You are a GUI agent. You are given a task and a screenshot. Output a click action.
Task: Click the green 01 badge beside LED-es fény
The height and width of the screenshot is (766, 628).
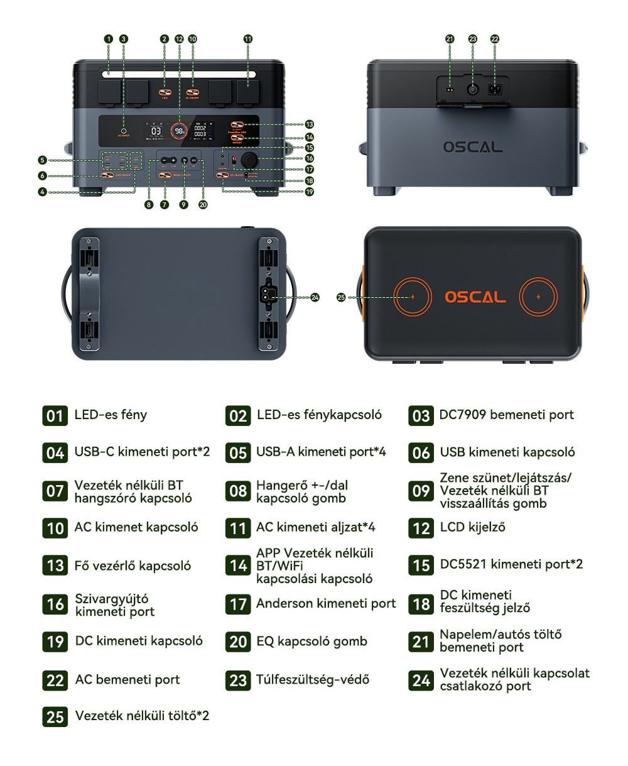(55, 415)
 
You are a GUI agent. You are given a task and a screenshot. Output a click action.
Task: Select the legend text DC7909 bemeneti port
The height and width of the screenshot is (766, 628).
(506, 415)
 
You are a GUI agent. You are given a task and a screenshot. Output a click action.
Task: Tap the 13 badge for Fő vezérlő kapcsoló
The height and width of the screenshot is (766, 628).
(55, 566)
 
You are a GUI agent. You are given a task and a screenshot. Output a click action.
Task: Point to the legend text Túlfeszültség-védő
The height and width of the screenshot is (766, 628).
(313, 679)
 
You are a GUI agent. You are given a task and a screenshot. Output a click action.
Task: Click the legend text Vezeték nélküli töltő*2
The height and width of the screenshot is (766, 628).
(142, 716)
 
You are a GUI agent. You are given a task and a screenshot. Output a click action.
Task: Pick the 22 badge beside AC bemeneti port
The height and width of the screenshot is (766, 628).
(55, 680)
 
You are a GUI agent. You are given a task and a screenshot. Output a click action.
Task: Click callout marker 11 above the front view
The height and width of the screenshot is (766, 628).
(248, 39)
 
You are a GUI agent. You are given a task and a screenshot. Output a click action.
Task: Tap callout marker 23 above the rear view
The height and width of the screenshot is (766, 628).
(473, 39)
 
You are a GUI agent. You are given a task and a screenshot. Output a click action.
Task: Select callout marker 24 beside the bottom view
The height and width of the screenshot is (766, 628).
(315, 297)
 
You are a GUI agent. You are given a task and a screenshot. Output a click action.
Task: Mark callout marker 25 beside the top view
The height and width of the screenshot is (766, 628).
(341, 297)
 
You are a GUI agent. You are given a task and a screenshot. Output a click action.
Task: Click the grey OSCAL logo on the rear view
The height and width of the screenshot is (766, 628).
(473, 147)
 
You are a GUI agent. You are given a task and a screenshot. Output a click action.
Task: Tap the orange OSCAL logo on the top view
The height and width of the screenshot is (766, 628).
(475, 297)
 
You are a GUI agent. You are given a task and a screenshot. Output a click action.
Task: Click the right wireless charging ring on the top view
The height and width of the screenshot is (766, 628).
(538, 297)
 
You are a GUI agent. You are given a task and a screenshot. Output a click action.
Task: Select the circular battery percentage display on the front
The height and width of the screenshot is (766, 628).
(180, 131)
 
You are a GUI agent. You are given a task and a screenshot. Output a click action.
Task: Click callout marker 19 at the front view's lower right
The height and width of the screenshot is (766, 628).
(309, 192)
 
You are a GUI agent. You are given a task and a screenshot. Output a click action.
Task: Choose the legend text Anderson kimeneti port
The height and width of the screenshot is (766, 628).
(326, 604)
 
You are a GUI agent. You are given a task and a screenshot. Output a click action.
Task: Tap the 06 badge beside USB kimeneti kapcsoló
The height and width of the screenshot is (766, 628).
(421, 452)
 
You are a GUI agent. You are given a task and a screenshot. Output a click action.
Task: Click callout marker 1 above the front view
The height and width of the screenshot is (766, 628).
(109, 39)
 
